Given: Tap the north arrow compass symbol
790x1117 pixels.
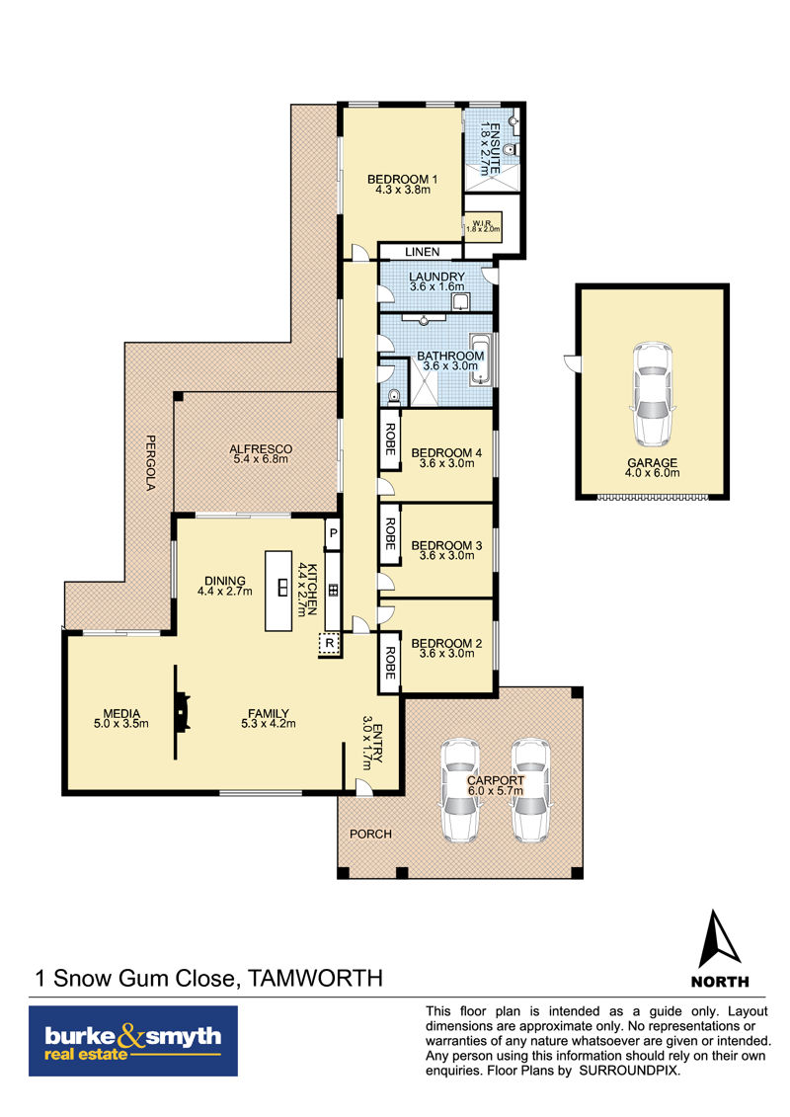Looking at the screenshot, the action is pyautogui.click(x=719, y=939).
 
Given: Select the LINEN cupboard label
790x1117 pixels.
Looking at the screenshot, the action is pyautogui.click(x=423, y=252).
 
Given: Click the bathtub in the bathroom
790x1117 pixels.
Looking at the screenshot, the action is pyautogui.click(x=481, y=359).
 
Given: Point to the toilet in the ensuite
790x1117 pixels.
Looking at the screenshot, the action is pyautogui.click(x=510, y=150).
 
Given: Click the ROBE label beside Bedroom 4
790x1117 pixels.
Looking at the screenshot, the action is pyautogui.click(x=390, y=439).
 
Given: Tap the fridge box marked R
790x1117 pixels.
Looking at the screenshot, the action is pyautogui.click(x=329, y=643).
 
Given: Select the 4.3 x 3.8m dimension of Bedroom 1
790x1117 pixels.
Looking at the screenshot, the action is pyautogui.click(x=403, y=190).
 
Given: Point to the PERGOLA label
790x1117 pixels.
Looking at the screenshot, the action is pyautogui.click(x=151, y=462).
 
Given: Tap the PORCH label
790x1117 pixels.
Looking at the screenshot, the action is pyautogui.click(x=370, y=834).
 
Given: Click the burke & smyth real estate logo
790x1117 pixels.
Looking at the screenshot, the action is pyautogui.click(x=133, y=1040).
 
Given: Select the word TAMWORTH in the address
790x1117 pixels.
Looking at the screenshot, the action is pyautogui.click(x=315, y=978).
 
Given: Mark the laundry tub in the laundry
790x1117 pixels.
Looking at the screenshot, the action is pyautogui.click(x=461, y=301).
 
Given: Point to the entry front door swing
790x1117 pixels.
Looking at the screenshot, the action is pyautogui.click(x=363, y=786).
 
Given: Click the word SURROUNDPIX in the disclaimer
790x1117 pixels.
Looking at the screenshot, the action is pyautogui.click(x=629, y=1071).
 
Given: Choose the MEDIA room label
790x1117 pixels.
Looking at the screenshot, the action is pyautogui.click(x=121, y=713).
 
